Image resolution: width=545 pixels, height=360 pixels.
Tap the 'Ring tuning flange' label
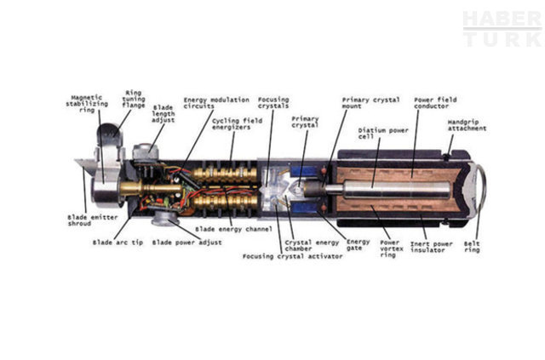[x=134, y=100]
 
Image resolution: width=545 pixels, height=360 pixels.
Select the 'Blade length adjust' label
[x=163, y=114]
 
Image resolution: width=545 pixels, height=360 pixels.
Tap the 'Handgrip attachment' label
[x=467, y=126]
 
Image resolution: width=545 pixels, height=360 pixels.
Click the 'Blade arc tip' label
[x=118, y=243]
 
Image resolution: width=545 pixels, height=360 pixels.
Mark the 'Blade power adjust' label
[x=187, y=243]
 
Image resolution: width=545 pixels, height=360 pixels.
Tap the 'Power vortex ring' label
[x=389, y=249]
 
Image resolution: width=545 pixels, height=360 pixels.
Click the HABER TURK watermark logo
[x=502, y=28]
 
